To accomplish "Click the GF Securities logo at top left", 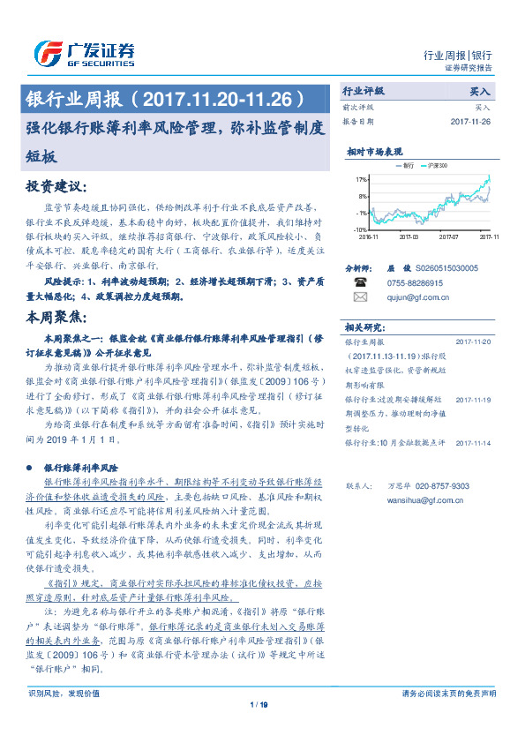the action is point(85,53).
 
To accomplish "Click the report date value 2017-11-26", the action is point(472,121).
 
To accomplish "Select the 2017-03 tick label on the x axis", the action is point(409,236).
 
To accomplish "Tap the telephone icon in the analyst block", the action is point(359,282).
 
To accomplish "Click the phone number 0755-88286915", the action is point(416,282).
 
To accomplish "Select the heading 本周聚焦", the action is point(57,315).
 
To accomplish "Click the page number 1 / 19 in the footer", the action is point(259,728).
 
